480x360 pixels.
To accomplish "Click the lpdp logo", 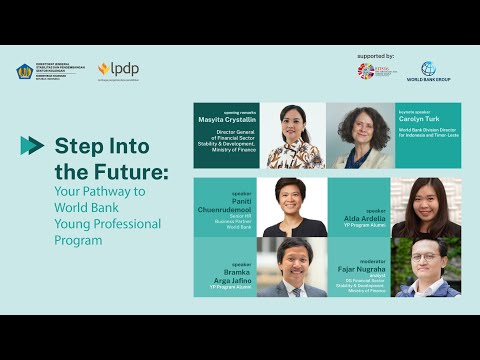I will [117, 70].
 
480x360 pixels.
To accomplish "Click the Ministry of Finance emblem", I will [24, 72].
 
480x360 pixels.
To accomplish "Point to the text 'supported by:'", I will [375, 56].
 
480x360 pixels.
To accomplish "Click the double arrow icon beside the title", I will [32, 145].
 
